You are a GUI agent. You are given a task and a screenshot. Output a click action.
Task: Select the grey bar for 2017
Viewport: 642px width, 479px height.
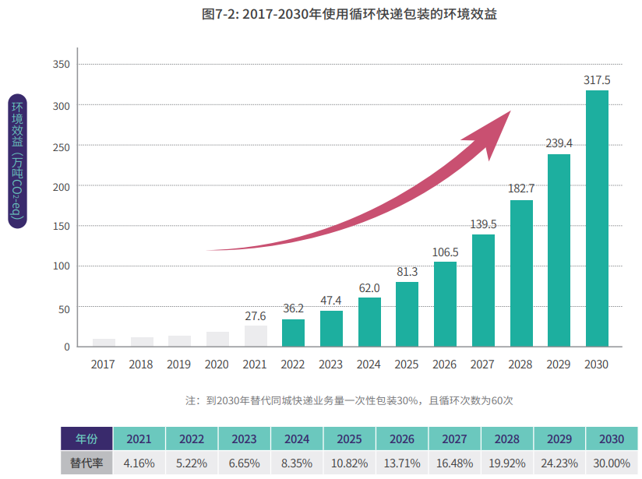click(104, 342)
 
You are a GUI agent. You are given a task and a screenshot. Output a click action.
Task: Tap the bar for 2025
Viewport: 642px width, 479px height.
click(407, 314)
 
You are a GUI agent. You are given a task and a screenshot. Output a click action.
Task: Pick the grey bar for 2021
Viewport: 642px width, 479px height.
click(256, 336)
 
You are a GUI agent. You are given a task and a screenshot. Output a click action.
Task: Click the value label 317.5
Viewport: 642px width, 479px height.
click(597, 80)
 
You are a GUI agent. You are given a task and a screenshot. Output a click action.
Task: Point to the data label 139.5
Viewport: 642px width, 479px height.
click(483, 224)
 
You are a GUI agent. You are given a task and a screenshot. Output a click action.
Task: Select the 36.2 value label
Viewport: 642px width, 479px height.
click(293, 308)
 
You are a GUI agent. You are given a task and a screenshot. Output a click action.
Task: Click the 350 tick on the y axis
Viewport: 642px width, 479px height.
click(62, 64)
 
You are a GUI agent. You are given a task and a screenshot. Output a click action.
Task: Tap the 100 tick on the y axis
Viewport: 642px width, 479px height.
click(62, 266)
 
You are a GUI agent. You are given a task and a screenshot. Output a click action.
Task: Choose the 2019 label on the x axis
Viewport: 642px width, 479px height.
click(179, 365)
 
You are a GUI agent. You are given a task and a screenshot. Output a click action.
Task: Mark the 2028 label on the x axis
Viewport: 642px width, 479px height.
click(521, 365)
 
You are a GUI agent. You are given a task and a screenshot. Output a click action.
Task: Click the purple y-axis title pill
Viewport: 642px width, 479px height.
click(18, 160)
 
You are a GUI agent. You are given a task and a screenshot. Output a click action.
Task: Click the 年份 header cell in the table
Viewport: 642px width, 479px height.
click(86, 438)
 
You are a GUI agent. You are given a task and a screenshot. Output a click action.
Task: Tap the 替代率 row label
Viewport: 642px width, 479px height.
click(86, 463)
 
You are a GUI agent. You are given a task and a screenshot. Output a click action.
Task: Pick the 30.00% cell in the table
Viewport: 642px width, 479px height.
click(612, 463)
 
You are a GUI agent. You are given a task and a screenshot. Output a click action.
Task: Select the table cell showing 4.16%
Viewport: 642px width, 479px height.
click(139, 463)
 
